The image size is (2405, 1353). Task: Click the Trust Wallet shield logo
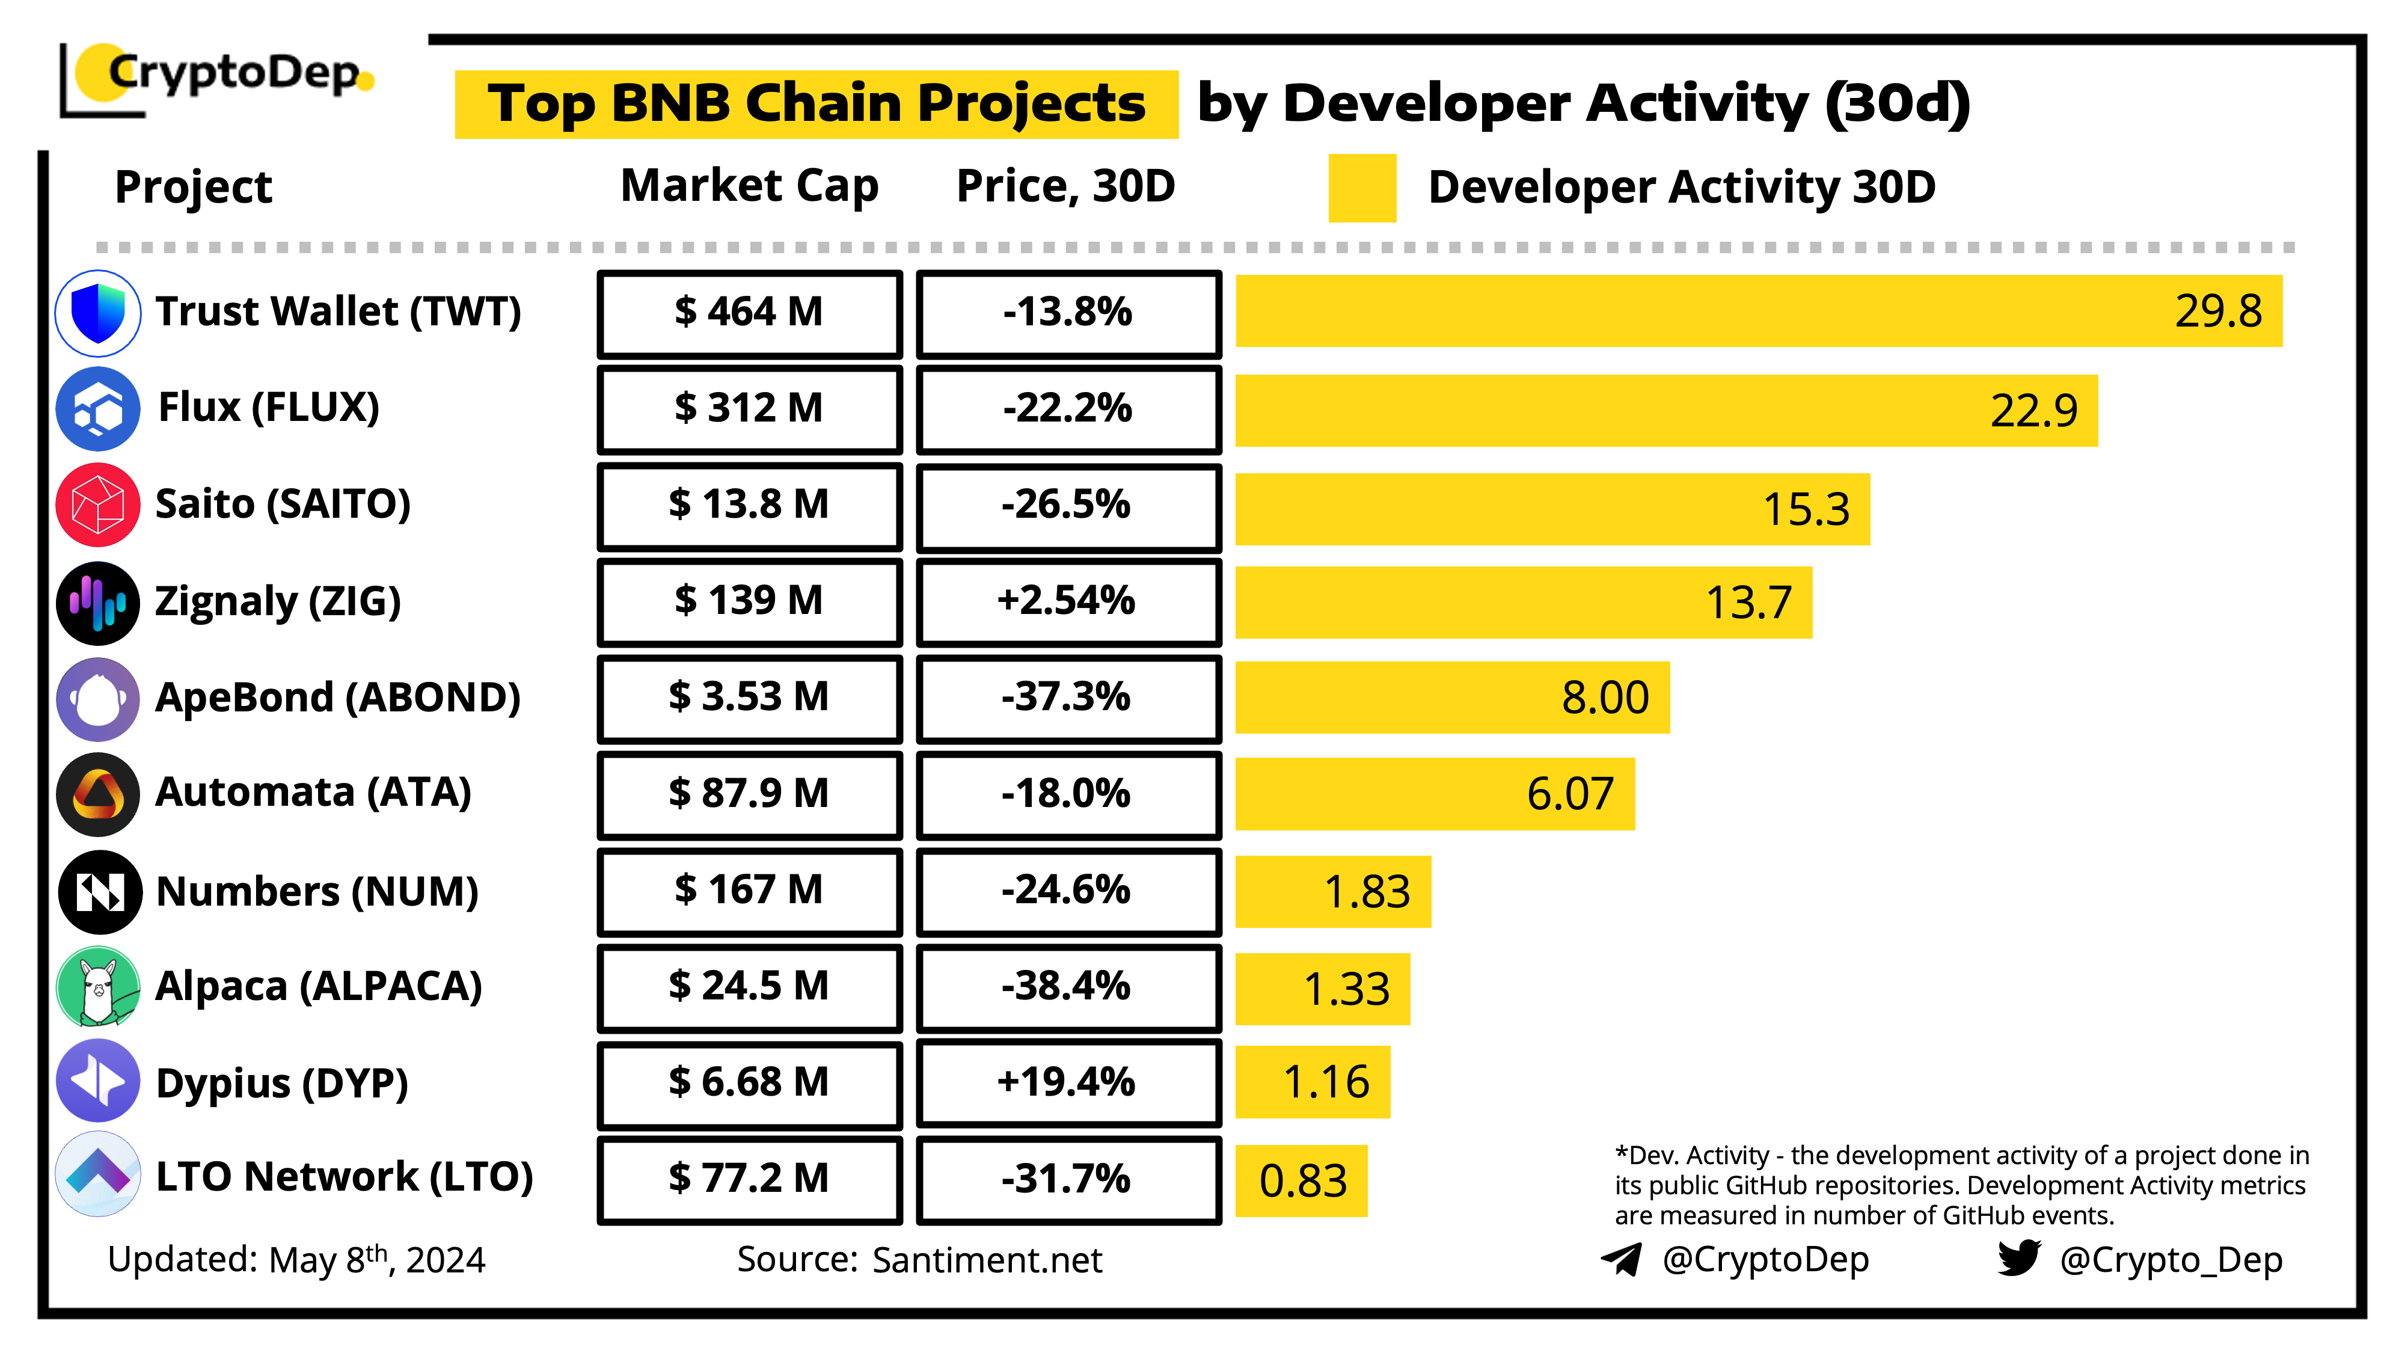98,313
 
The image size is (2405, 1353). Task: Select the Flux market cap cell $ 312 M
750,409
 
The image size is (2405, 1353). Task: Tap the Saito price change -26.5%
1068,505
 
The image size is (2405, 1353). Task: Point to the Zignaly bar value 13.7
1748,603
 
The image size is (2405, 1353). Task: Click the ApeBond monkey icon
98,698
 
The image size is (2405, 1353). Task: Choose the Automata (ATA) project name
313,793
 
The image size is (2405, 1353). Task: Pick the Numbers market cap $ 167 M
750,890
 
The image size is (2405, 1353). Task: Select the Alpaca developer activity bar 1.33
1322,989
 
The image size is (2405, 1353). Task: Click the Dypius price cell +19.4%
1068,1082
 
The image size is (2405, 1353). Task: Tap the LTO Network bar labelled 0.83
1302,1181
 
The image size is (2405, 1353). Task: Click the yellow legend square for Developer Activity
1361,188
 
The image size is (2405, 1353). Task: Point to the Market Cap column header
750,186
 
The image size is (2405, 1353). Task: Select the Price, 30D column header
1065,186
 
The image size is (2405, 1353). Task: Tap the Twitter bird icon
2018,1258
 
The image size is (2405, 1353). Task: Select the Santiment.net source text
987,1260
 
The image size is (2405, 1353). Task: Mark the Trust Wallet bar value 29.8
2217,311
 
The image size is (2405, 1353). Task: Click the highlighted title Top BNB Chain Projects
816,103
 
